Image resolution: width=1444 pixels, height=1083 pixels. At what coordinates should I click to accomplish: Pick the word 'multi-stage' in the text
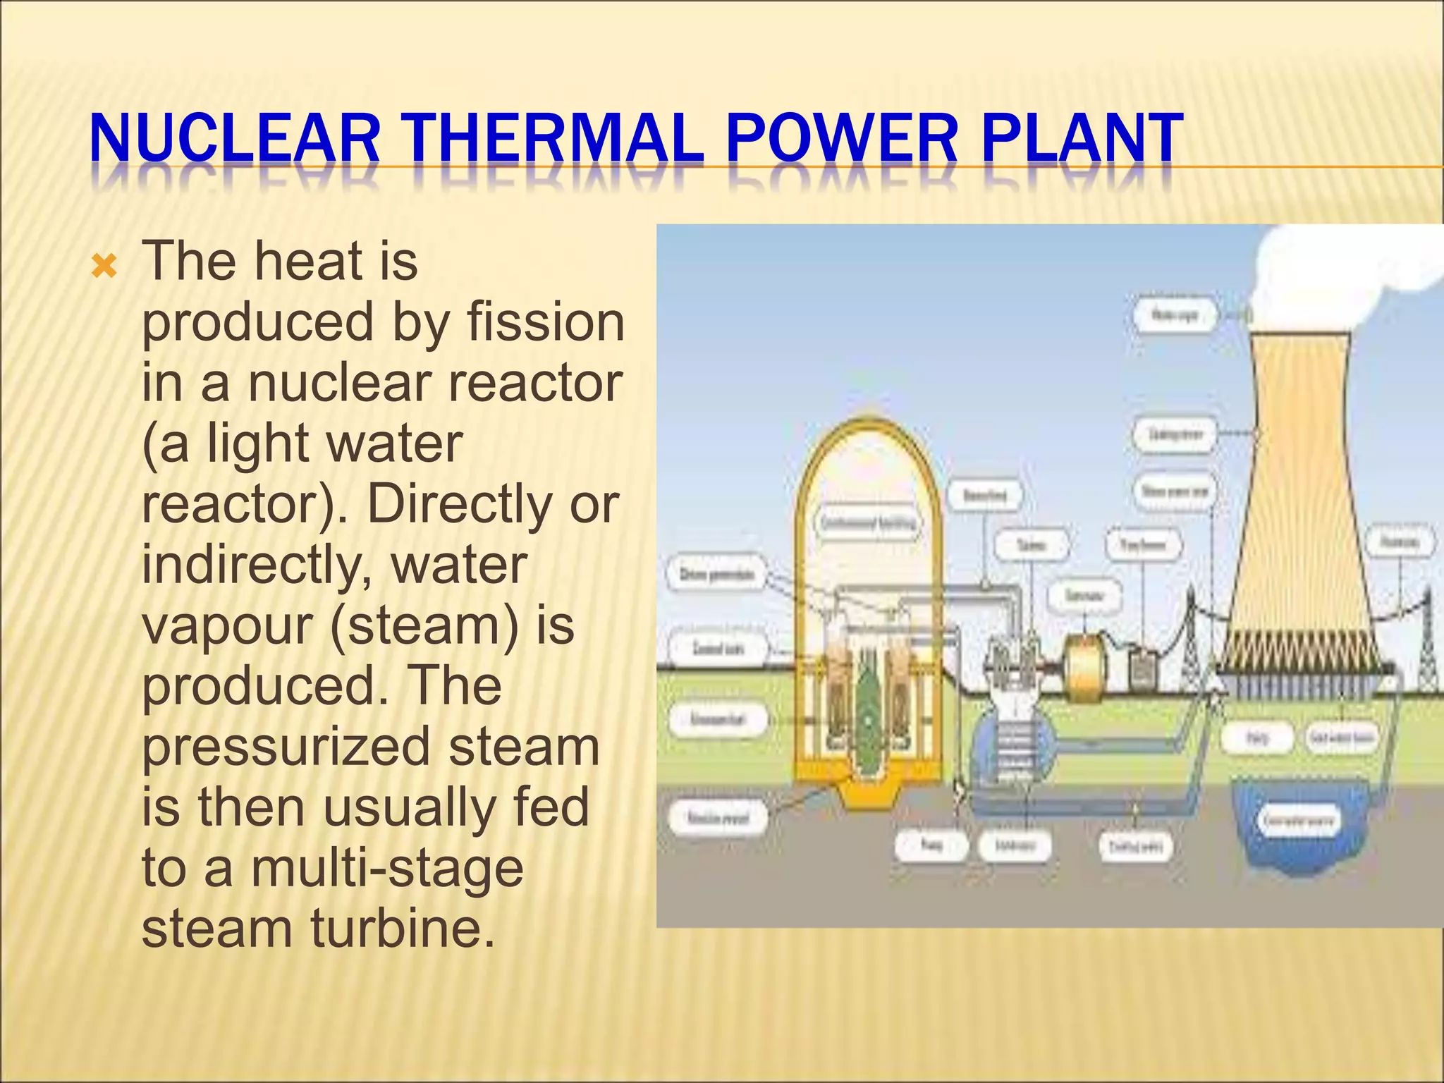point(387,867)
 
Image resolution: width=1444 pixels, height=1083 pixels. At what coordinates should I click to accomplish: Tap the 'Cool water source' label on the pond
point(1300,821)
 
